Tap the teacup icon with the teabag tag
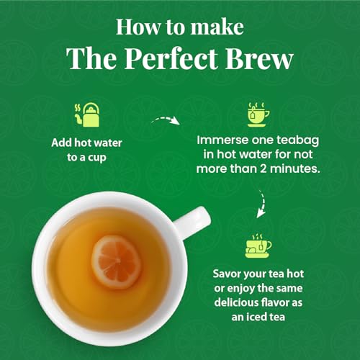pos(259,114)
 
